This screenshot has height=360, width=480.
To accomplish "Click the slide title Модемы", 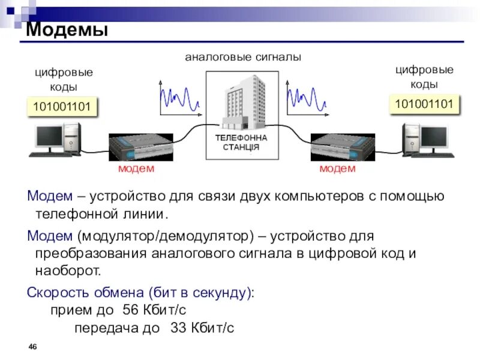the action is [x=67, y=29].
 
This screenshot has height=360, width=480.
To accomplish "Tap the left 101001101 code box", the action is [x=62, y=107].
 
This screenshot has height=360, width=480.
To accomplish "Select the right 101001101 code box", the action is [x=424, y=104].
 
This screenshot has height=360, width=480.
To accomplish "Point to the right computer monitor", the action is [x=433, y=137].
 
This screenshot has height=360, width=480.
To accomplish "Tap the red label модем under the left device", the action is [x=136, y=169].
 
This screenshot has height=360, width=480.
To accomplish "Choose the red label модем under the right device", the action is [x=337, y=169].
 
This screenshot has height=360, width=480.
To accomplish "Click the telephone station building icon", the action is [x=243, y=102].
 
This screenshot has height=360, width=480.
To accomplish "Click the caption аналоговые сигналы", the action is [x=242, y=58].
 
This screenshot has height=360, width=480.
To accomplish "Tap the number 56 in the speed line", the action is [x=130, y=310].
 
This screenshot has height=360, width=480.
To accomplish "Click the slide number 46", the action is [x=33, y=347].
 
